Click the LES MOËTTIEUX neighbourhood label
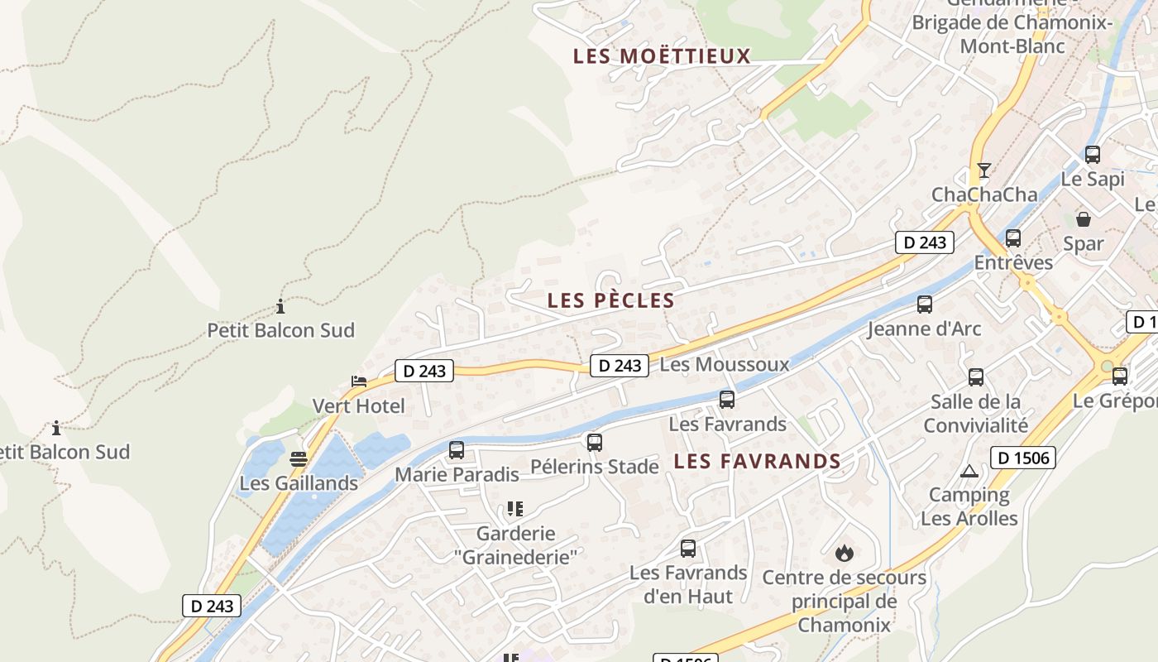click(x=662, y=56)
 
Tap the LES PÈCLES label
click(x=611, y=300)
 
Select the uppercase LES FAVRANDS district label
click(x=757, y=461)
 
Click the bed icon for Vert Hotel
click(x=359, y=381)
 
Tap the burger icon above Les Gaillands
click(x=299, y=459)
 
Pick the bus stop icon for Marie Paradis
click(x=457, y=450)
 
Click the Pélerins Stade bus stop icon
click(x=595, y=442)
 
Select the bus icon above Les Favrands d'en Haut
click(x=688, y=548)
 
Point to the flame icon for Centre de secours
click(x=845, y=552)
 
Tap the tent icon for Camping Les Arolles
click(x=969, y=471)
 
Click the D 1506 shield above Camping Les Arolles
click(x=1023, y=457)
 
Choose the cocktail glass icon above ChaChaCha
click(x=984, y=170)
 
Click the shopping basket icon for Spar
click(x=1084, y=219)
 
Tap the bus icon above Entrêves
click(x=1013, y=238)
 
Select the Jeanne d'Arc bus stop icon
click(x=925, y=305)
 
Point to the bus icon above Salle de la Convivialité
click(x=976, y=377)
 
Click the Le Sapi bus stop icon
click(x=1093, y=154)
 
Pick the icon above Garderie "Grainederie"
click(x=515, y=508)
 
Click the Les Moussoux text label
click(x=725, y=364)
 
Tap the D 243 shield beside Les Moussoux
click(x=620, y=365)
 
